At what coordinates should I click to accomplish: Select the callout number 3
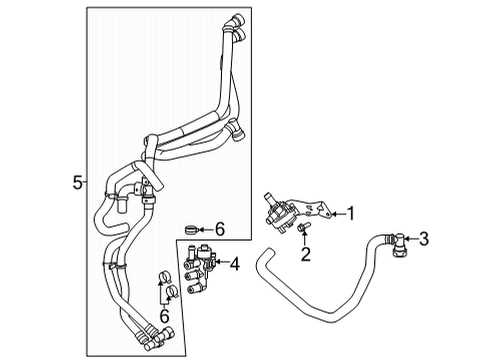423,238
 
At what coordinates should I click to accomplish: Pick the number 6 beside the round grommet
220,229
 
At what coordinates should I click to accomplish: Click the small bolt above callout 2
301,233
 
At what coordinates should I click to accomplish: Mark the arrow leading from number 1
334,212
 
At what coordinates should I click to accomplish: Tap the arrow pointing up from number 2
304,243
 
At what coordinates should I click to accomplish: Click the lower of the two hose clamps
172,292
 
